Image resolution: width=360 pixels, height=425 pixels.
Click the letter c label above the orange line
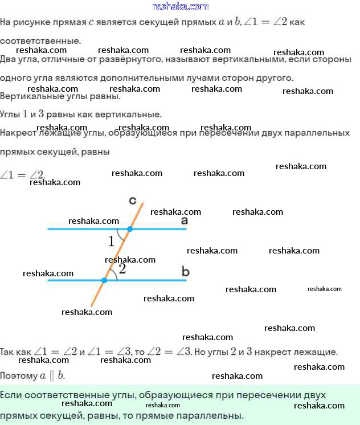point(132,200)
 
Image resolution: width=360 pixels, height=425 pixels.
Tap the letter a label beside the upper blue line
point(184,220)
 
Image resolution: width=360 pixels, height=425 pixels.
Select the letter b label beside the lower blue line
point(185,271)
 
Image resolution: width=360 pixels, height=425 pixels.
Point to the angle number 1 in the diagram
point(112,242)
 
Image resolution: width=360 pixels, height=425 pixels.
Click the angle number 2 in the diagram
point(122,269)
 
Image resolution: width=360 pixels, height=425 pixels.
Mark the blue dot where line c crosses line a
point(130,229)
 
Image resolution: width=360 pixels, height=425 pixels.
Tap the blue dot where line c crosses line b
point(104,280)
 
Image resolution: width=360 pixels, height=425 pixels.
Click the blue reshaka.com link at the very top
point(180,6)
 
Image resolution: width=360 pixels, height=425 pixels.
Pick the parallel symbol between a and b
point(52,375)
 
